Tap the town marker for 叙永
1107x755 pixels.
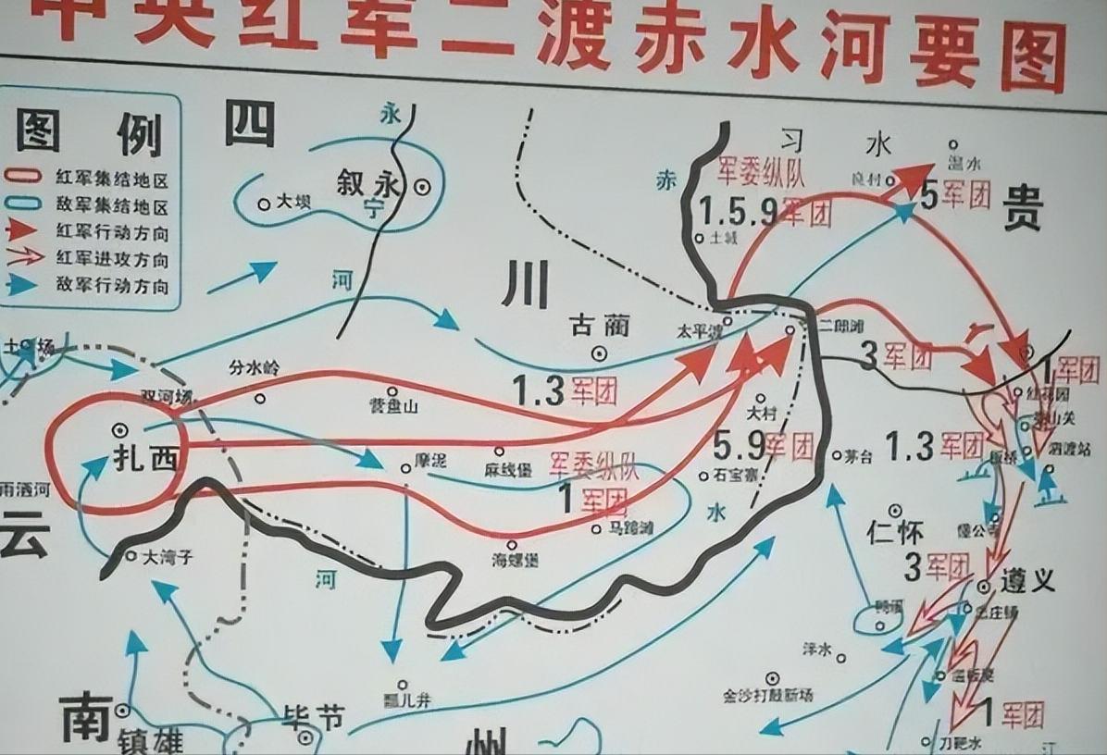click(422, 185)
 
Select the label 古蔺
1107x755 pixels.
click(599, 325)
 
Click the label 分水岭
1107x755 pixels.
click(254, 368)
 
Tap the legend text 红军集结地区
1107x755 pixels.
click(117, 177)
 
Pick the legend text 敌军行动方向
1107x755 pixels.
click(117, 285)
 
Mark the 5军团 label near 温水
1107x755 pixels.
click(956, 195)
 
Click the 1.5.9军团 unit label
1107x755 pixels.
click(765, 213)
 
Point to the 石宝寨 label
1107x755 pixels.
click(737, 475)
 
